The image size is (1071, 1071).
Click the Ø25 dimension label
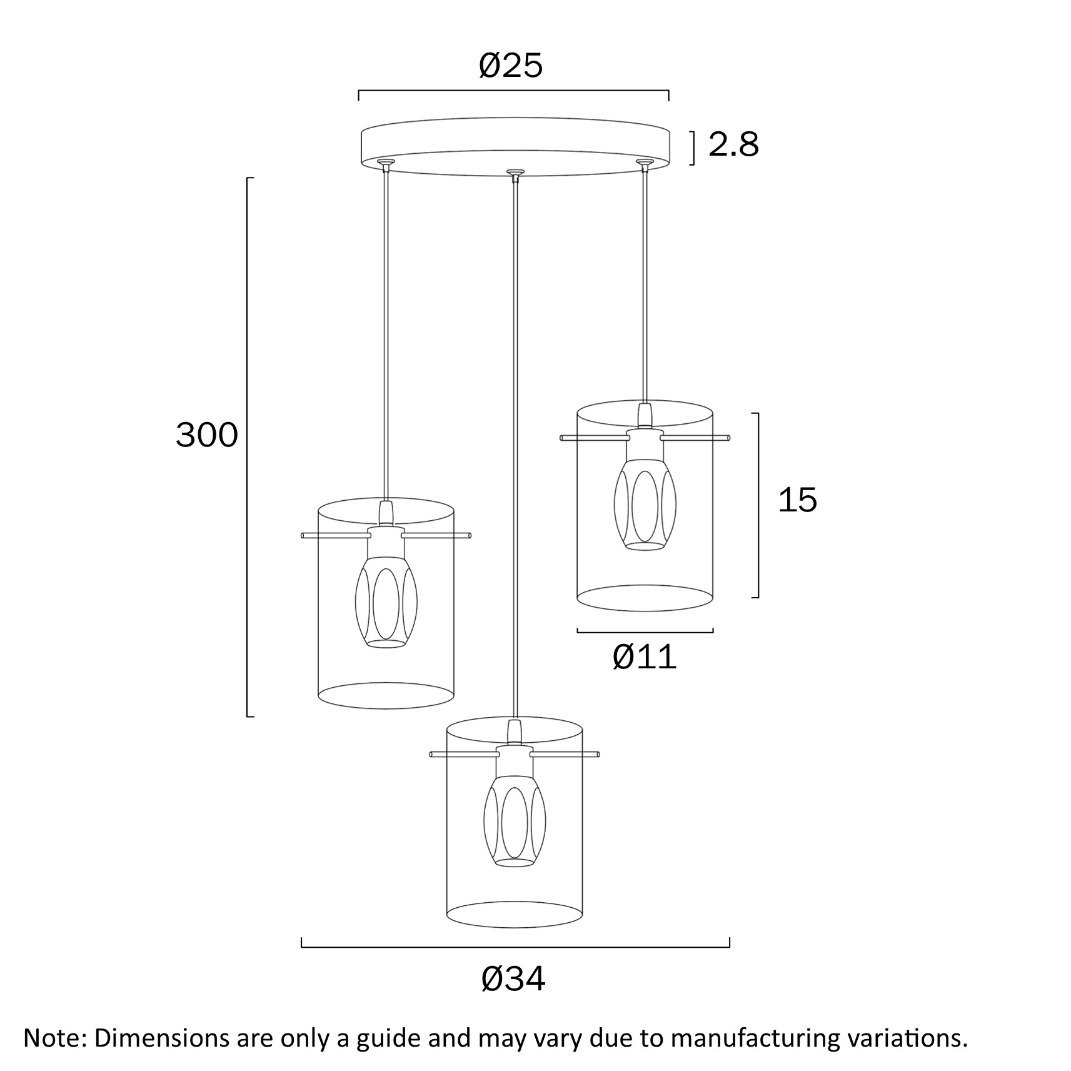point(511,66)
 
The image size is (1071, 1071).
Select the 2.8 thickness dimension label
point(733,144)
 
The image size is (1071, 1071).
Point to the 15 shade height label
point(797,500)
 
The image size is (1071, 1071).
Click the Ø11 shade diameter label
point(645,656)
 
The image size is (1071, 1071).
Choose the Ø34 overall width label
point(513,978)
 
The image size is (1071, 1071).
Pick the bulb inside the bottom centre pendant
point(515,820)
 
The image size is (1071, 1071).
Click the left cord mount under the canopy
point(386,165)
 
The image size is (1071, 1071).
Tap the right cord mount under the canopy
point(644,165)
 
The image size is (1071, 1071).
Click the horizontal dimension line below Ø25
point(513,91)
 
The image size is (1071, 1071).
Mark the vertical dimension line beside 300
point(248,447)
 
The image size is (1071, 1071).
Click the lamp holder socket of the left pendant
point(386,543)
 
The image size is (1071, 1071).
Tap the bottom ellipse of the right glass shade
point(645,598)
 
